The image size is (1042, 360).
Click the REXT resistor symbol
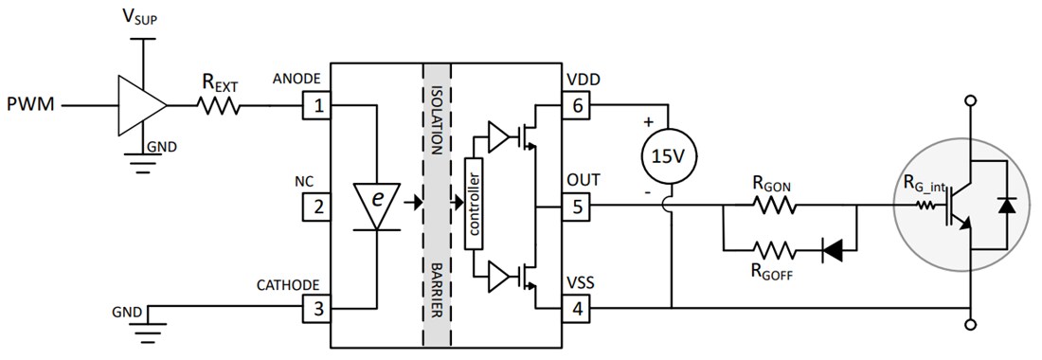tap(220, 106)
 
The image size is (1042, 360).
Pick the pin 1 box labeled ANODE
tap(317, 106)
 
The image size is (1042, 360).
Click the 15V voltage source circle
tap(669, 155)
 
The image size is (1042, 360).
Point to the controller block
tap(475, 205)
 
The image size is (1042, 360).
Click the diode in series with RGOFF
tap(832, 251)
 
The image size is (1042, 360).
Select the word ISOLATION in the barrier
tap(437, 120)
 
